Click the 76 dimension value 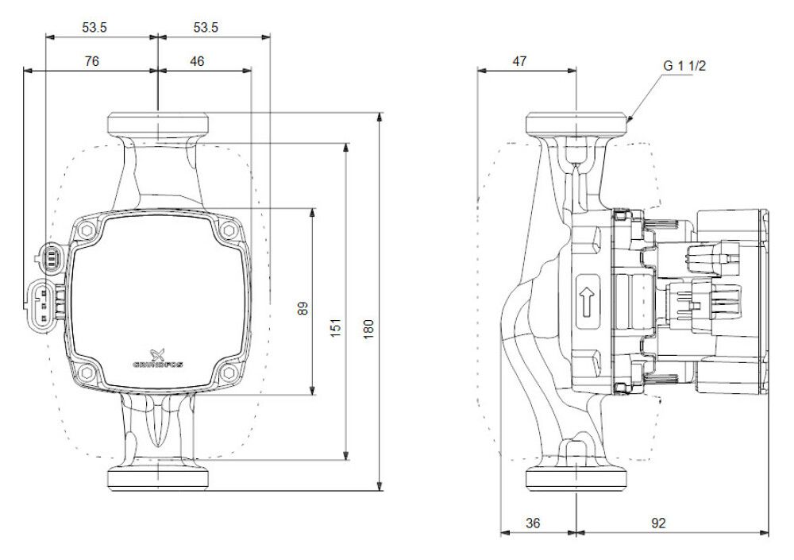[x=91, y=61]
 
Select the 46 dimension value [x=197, y=61]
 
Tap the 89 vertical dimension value [x=303, y=308]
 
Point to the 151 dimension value [x=337, y=327]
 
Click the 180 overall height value [x=368, y=330]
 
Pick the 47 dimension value [x=519, y=61]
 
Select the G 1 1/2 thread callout [x=684, y=66]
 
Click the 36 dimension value [x=533, y=523]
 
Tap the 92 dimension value [x=658, y=523]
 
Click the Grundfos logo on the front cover [x=158, y=358]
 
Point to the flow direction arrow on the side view [x=587, y=302]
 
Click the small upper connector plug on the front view [x=51, y=257]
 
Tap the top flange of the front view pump [x=159, y=124]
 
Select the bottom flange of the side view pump [x=576, y=480]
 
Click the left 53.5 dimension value [x=94, y=27]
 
